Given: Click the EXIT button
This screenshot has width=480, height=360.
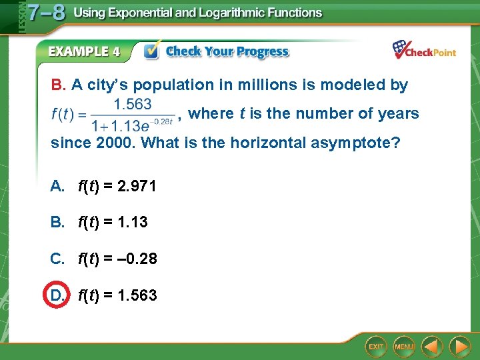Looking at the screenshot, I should tap(377, 347).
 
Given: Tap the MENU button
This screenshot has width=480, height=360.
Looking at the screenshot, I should tap(404, 347).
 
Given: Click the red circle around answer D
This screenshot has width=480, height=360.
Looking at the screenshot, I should tap(57, 295).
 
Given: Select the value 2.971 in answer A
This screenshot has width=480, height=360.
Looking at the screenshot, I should tap(137, 186).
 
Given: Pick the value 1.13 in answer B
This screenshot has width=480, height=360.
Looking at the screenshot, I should tap(132, 222).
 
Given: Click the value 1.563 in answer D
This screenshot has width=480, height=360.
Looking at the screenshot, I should tap(137, 295).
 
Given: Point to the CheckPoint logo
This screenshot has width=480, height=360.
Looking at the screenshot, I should tap(424, 50).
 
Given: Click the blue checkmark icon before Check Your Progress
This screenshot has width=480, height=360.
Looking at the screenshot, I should tap(152, 51).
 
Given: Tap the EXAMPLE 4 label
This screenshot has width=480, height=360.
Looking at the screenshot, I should tap(84, 51).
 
